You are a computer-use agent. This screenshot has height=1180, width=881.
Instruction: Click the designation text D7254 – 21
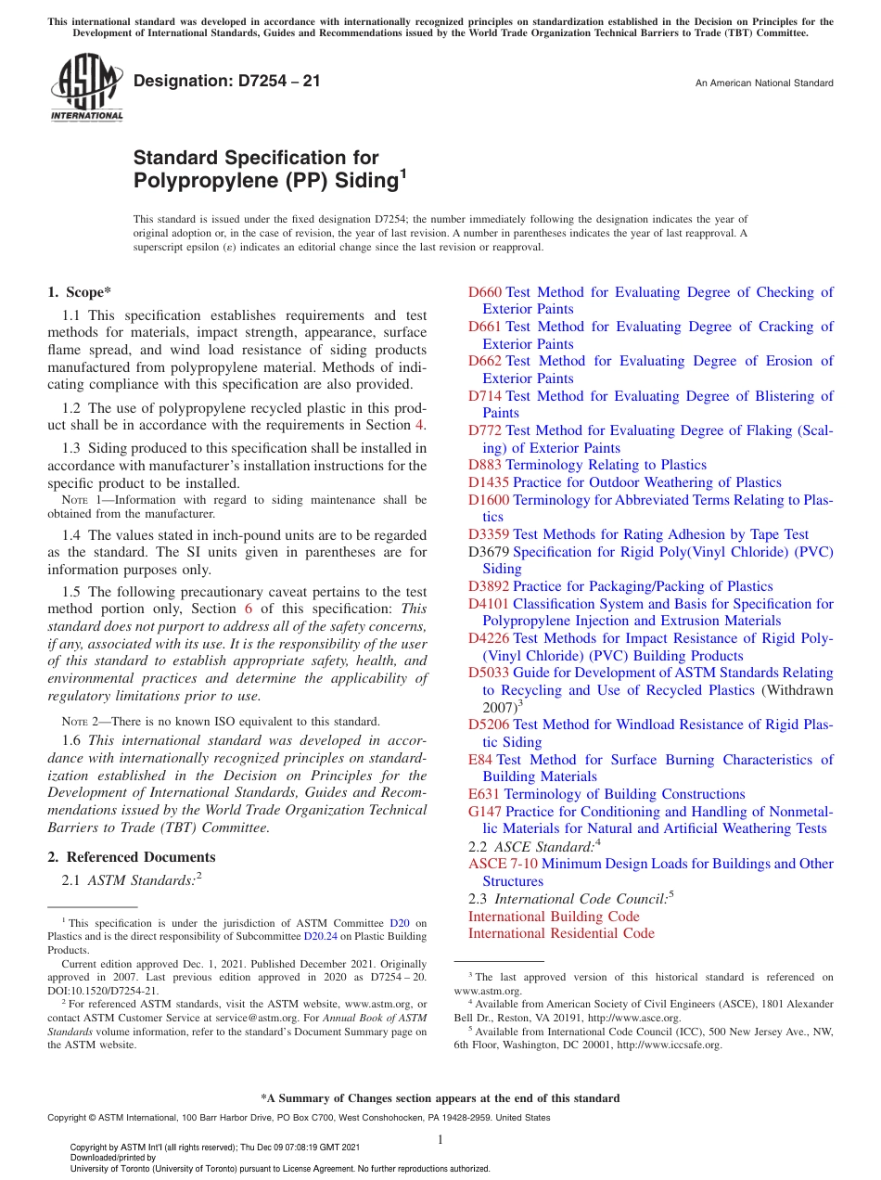click(x=227, y=82)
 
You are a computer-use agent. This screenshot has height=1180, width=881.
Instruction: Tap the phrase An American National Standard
click(x=764, y=83)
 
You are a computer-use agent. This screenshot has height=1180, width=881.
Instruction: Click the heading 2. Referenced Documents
click(x=132, y=857)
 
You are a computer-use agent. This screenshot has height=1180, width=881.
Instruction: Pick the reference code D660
click(x=484, y=292)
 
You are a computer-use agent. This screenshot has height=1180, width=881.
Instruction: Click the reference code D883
click(x=484, y=465)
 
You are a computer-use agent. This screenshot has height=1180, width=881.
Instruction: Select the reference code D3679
click(x=488, y=552)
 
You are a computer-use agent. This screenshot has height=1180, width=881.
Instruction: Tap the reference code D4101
click(x=488, y=604)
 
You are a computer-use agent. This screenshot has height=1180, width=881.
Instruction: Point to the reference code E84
click(x=480, y=760)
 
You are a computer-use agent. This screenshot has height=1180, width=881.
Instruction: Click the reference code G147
click(x=484, y=812)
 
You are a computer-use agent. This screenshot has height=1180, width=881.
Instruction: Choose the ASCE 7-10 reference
click(x=502, y=864)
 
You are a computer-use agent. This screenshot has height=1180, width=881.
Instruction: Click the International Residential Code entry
click(x=561, y=933)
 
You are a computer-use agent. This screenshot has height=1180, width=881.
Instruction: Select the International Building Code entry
click(x=554, y=917)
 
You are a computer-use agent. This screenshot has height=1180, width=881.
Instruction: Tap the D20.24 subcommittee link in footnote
click(x=317, y=937)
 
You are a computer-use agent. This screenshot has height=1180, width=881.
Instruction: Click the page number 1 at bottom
click(x=440, y=1139)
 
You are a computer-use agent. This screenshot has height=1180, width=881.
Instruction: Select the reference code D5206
click(x=488, y=725)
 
